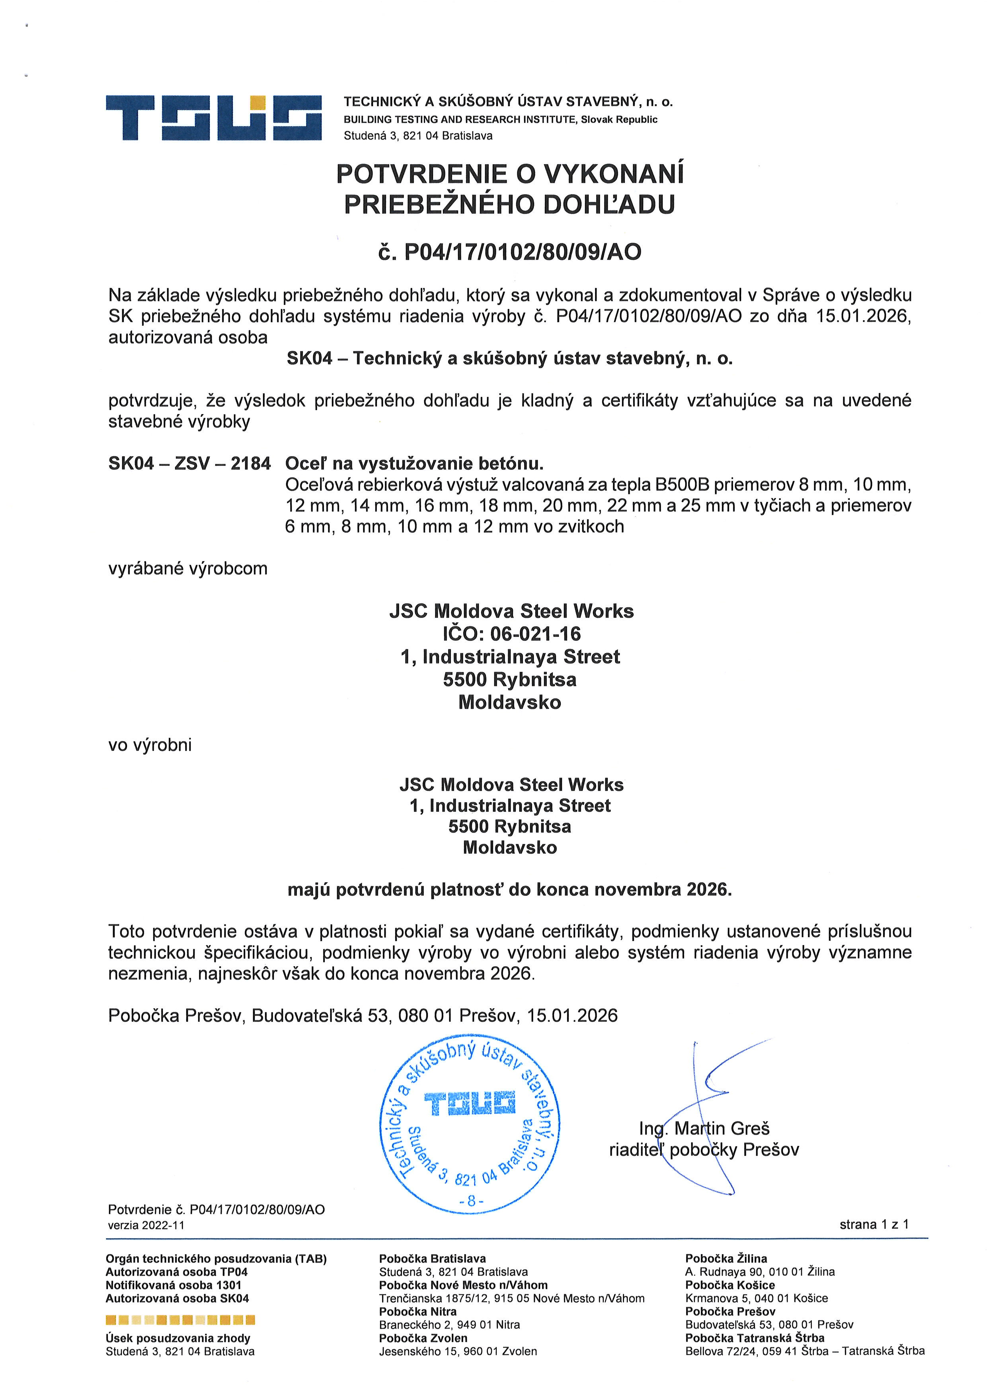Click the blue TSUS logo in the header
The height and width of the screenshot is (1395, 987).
[x=213, y=117]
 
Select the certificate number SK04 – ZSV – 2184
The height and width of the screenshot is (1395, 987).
[x=189, y=463]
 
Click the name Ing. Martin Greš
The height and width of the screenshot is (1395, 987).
[x=704, y=1128]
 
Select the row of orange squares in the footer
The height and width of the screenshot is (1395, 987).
[x=180, y=1320]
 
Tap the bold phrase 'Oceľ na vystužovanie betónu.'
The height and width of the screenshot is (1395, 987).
[x=414, y=463]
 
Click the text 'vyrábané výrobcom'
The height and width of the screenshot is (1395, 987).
[x=188, y=569]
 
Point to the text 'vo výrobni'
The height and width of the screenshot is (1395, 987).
[x=150, y=745]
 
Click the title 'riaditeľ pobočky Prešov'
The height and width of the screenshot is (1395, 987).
[x=704, y=1150]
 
